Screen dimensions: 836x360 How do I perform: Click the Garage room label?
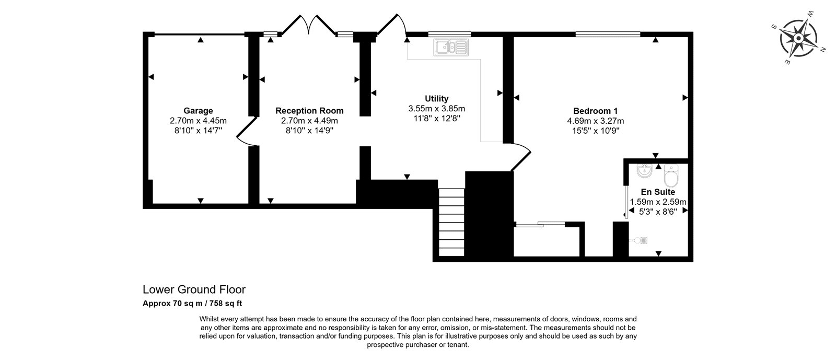coord(198,111)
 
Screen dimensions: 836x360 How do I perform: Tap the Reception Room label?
coord(309,111)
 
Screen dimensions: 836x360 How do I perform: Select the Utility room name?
coord(437,99)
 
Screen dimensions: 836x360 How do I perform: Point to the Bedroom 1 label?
coord(595,111)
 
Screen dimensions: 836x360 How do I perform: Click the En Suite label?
coord(658,192)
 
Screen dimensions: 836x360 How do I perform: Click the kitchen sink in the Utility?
coord(451,48)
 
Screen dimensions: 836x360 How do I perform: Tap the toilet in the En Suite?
coord(671,176)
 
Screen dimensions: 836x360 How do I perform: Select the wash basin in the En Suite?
coord(645,170)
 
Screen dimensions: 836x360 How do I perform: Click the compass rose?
coord(798,39)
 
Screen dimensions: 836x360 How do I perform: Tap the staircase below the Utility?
coord(451,223)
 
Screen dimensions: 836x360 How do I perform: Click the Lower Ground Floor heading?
coord(194,289)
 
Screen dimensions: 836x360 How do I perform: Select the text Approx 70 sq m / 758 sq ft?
coord(192,304)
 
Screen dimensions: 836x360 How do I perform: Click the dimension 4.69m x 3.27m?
coord(595,121)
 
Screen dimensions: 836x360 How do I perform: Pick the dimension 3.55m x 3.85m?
coord(437,109)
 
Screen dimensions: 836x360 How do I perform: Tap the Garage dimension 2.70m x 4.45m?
coord(198,121)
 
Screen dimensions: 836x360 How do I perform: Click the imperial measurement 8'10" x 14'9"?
coord(309,131)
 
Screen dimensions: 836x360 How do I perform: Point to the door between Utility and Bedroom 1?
coord(521,157)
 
